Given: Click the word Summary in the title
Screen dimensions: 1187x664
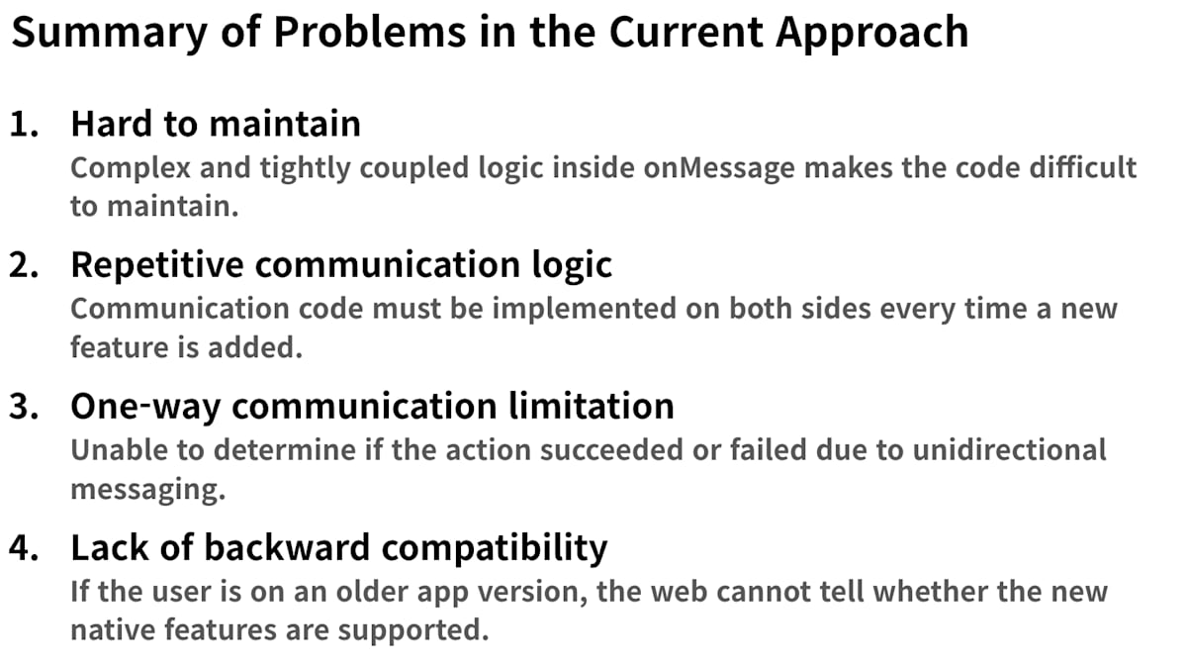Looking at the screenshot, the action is (x=109, y=33).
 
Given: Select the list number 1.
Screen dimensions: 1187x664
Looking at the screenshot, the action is (x=24, y=125).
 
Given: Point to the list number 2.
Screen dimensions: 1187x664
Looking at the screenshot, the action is (x=24, y=265).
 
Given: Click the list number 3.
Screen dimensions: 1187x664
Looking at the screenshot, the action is (x=24, y=407).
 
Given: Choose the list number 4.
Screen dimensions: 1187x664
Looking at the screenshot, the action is (x=24, y=547).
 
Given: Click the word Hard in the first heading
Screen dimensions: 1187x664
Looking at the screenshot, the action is (x=112, y=124).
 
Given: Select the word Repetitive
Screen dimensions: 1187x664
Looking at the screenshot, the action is (x=157, y=265).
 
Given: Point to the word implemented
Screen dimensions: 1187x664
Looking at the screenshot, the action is (x=584, y=309).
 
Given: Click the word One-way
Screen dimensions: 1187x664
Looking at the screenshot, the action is (x=145, y=407).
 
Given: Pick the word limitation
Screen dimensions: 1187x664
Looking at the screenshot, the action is (x=592, y=406).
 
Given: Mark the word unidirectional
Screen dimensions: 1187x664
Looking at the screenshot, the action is (x=1010, y=450).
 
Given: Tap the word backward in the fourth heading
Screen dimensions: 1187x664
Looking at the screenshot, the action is (x=287, y=547).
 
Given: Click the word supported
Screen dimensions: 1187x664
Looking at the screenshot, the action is (x=413, y=631).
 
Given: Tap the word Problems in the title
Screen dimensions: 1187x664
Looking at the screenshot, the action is (x=369, y=33).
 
